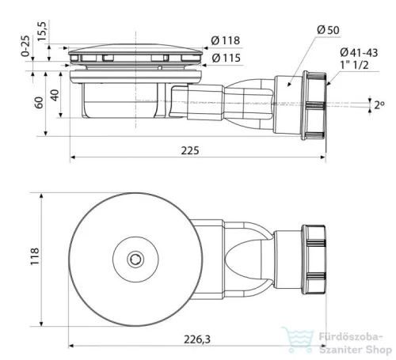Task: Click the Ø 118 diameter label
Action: pos(226,40)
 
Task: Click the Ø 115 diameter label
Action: pos(227,58)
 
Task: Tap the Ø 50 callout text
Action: pos(328,30)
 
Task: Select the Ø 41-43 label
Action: pos(359,52)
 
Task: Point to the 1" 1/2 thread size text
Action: pos(354,65)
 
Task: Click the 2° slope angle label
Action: pos(379,105)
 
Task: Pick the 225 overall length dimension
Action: pos(190,150)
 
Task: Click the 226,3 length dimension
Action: pos(197,339)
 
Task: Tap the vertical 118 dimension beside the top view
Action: pos(35,256)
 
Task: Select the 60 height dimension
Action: pos(39,103)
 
